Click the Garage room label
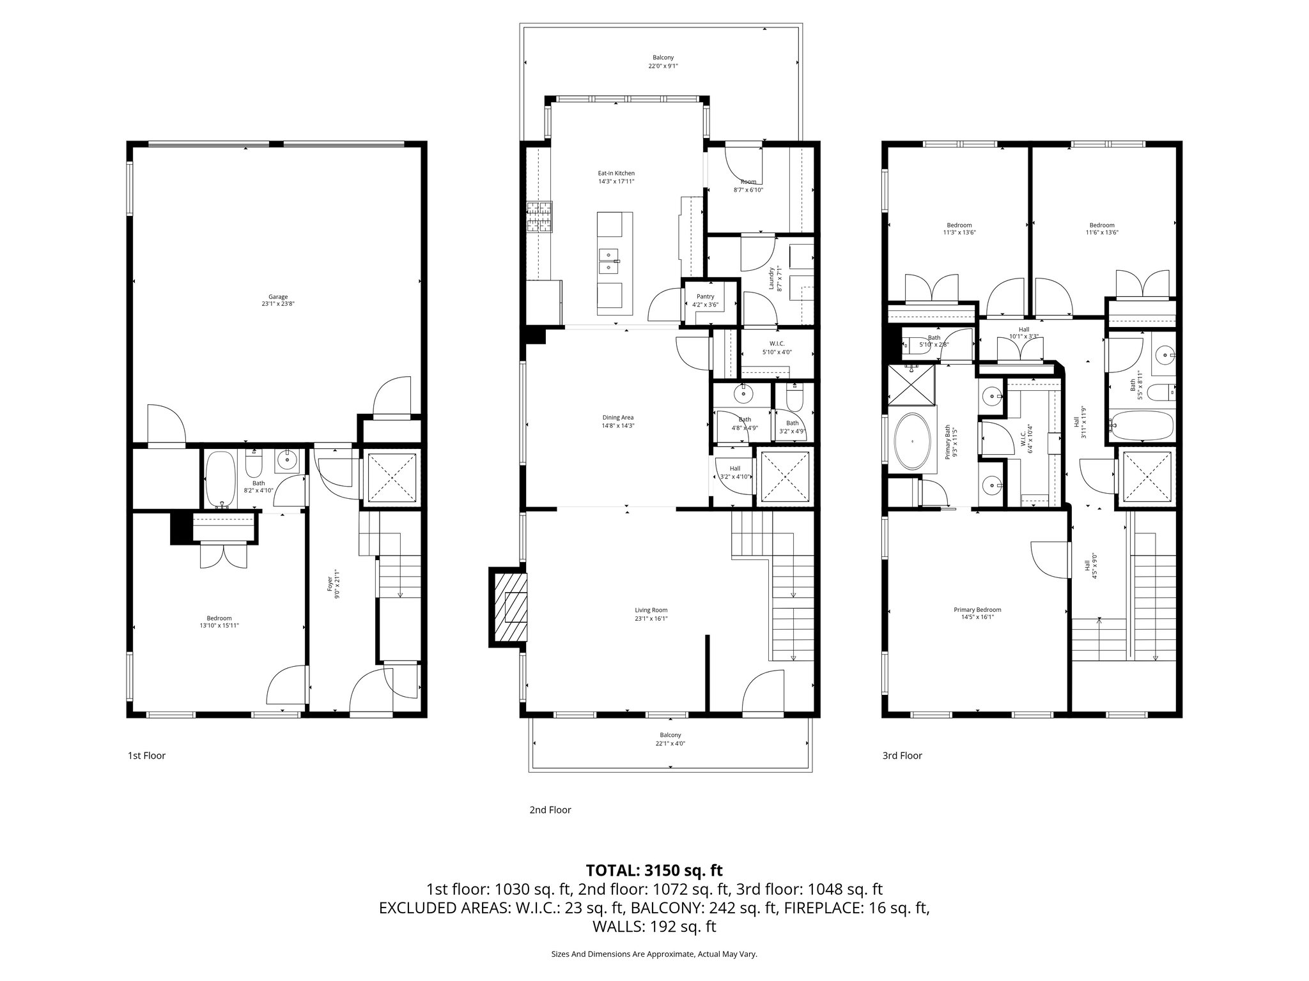pos(277,300)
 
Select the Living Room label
pos(651,614)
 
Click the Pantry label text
pos(705,301)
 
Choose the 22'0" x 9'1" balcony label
pos(663,61)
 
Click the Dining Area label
pos(617,422)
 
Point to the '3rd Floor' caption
pos(902,756)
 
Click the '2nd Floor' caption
pos(550,810)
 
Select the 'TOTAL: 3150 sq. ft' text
pos(654,870)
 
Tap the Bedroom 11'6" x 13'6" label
pos(1101,229)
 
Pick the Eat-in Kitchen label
pos(616,177)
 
